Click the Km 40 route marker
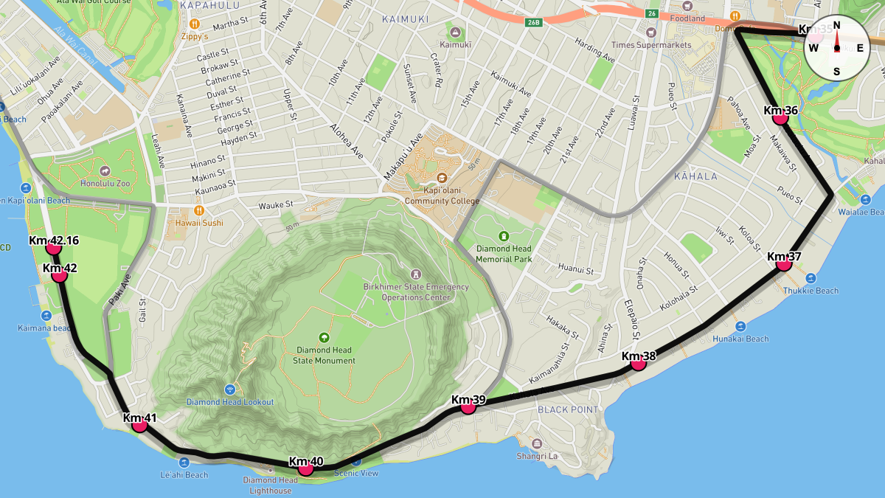coord(306,468)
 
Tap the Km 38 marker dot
coord(638,362)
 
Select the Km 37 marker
coord(784,263)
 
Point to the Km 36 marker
coord(781,117)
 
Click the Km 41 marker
coord(140,423)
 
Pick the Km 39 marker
coord(468,406)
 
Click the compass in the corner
coord(836,48)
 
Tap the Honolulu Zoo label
coord(104,183)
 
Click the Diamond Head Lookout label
coord(230,402)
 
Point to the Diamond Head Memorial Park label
coord(504,254)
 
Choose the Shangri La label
coord(536,456)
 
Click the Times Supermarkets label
coord(651,44)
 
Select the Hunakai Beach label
coord(740,339)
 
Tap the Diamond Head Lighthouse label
coord(271,485)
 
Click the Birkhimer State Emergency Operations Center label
coord(415,291)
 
